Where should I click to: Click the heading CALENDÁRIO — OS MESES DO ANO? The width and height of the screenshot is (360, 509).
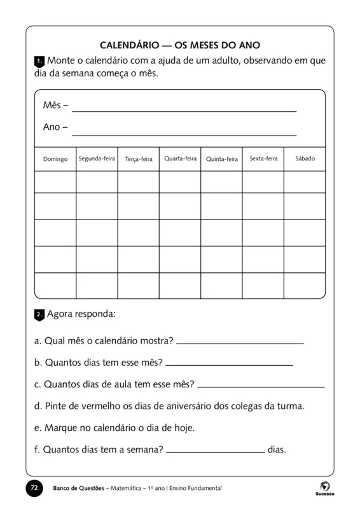click(x=181, y=46)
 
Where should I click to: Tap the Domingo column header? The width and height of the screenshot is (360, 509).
click(x=55, y=159)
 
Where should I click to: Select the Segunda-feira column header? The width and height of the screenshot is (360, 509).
click(x=97, y=158)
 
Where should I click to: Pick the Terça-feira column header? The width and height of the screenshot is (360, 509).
click(x=139, y=159)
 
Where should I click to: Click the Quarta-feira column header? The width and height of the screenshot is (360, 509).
click(x=181, y=158)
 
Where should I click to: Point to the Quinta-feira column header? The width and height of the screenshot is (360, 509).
click(x=222, y=159)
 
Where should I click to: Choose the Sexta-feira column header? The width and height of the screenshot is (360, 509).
click(x=263, y=158)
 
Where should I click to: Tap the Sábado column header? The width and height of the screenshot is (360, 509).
click(x=305, y=158)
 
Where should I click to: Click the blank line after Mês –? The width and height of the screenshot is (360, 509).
click(x=184, y=110)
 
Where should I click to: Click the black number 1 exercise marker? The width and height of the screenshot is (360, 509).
click(x=39, y=62)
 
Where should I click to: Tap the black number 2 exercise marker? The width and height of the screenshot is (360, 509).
click(x=39, y=315)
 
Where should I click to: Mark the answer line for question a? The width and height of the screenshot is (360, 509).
click(x=240, y=342)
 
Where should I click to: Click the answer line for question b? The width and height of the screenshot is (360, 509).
click(x=229, y=365)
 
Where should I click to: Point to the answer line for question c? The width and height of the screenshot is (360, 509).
click(x=261, y=386)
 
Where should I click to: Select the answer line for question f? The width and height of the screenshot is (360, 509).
click(x=215, y=451)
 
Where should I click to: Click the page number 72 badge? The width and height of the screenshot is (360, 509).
click(x=35, y=488)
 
